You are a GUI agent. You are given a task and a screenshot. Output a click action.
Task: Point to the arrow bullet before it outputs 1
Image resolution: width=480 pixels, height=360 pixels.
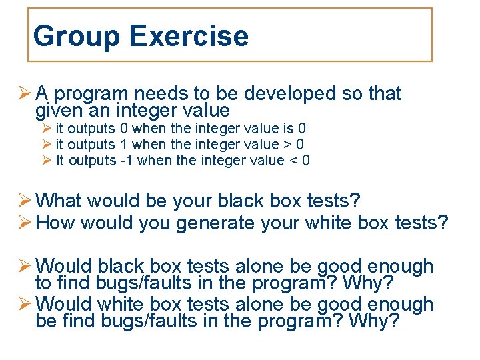coord(46,145)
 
